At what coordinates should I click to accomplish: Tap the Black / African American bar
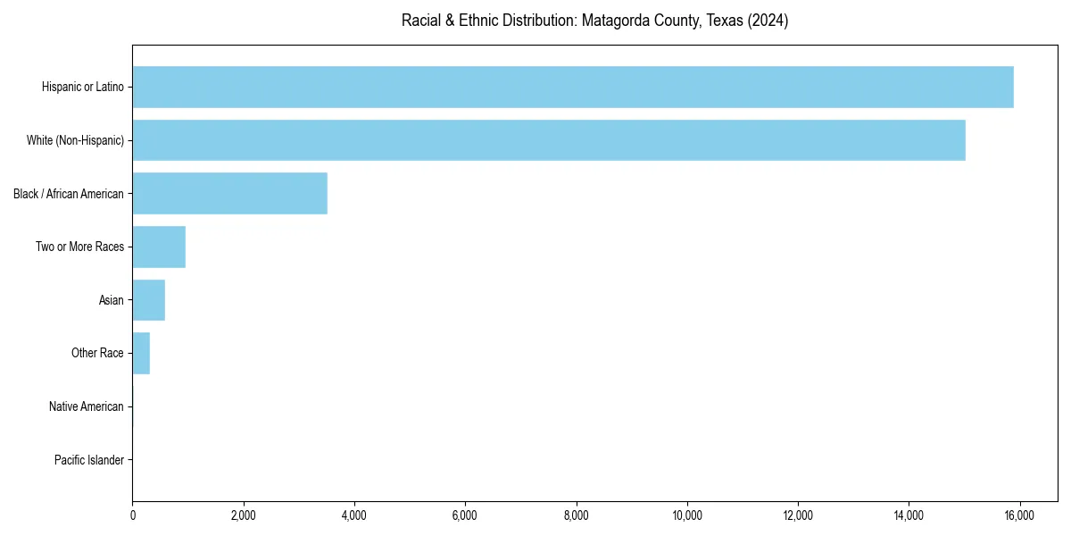[230, 193]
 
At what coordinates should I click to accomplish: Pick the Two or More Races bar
[159, 247]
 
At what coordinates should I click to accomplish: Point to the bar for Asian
[149, 300]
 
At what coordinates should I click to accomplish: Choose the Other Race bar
[141, 353]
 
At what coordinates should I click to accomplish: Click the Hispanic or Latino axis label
[83, 87]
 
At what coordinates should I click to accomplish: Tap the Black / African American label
[69, 194]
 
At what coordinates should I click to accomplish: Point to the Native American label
[87, 406]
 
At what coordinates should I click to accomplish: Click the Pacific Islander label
[89, 460]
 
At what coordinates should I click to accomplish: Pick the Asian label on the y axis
[112, 300]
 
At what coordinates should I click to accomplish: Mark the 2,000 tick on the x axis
[244, 515]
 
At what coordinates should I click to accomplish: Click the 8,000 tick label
[577, 515]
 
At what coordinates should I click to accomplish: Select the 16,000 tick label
[1019, 515]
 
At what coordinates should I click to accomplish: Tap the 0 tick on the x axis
[133, 515]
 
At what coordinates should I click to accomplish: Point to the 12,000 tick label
[798, 515]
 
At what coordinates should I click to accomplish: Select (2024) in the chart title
[768, 21]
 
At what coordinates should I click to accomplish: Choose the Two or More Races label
[80, 247]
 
